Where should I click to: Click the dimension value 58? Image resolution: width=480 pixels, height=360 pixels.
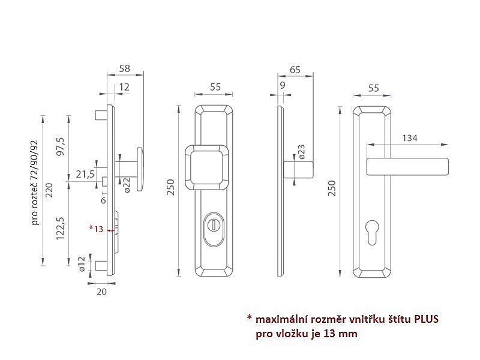[125, 68]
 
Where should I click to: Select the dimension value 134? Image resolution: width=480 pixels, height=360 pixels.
[410, 138]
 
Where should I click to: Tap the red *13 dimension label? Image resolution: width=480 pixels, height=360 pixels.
[96, 229]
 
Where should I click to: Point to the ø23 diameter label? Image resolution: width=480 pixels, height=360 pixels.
[302, 152]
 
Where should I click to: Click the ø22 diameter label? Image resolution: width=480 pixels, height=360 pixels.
[127, 185]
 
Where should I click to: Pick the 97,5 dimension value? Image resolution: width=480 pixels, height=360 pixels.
[61, 146]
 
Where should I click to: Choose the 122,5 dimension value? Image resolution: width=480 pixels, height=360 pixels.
[61, 228]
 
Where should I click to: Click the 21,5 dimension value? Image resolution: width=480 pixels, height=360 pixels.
[85, 174]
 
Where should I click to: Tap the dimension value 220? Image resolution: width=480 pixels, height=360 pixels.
[49, 190]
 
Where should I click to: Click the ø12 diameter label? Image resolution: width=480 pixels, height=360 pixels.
[81, 264]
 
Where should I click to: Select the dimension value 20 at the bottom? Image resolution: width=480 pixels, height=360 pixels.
[101, 292]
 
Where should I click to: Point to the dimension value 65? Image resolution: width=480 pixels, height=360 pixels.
[295, 70]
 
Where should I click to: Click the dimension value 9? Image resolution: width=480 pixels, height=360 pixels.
[282, 85]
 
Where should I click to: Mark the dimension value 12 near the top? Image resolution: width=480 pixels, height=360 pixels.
[124, 87]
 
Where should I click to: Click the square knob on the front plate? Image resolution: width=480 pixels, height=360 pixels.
[207, 168]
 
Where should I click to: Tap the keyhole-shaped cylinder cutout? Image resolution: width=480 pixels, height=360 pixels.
[372, 232]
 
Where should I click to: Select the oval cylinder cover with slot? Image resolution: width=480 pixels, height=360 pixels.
[214, 229]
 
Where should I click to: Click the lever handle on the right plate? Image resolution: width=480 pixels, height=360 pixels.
[407, 167]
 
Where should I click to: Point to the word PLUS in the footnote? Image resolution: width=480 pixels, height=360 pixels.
[426, 319]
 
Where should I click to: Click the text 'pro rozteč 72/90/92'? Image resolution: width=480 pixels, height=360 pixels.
[35, 182]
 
